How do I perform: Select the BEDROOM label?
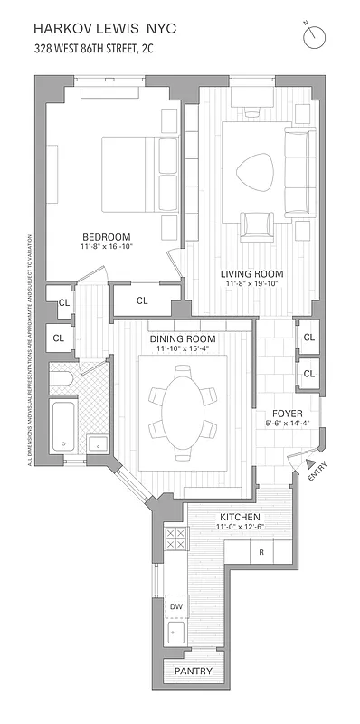point(99,236)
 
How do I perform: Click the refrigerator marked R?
point(261,551)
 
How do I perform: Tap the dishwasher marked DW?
point(176,606)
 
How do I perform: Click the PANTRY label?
point(194,672)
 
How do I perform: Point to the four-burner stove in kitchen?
point(175,539)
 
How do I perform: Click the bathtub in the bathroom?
point(62,427)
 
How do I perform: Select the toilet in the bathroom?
point(60,379)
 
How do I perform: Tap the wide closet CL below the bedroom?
point(142,300)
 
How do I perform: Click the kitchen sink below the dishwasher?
point(176,631)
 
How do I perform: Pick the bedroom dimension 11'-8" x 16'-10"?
point(99,247)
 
